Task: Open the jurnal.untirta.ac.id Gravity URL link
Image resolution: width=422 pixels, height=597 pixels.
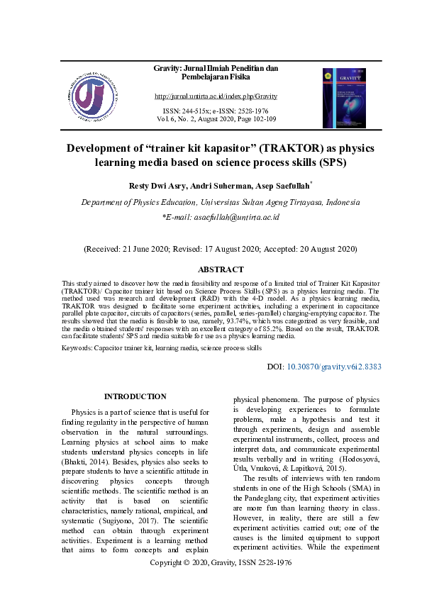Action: pos(216,96)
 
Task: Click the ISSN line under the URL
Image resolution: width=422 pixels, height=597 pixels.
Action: pos(216,111)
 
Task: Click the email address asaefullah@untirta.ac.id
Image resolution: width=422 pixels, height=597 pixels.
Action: pos(226,218)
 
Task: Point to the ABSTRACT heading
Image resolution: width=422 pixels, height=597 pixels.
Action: pos(221,269)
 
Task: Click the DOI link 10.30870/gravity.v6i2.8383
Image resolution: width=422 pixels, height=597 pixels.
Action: pos(334,367)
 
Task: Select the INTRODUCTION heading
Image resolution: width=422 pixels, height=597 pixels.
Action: pos(135,396)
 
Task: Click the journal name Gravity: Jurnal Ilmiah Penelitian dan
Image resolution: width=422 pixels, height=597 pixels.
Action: pos(216,68)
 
